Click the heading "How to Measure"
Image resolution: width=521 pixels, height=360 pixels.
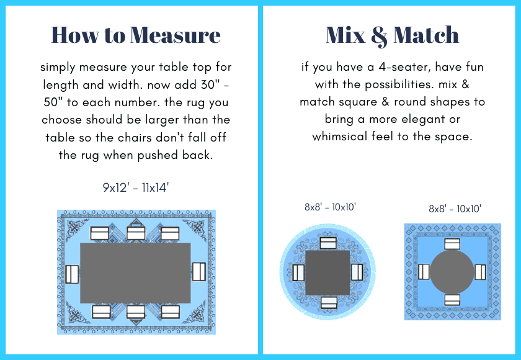[x=136, y=35]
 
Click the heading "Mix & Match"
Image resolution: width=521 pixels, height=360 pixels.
[x=392, y=35]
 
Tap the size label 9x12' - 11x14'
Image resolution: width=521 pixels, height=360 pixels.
[x=136, y=188]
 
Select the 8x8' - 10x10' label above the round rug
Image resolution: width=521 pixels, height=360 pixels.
[x=330, y=207]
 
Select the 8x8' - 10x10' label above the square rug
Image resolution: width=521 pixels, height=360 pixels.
[x=455, y=209]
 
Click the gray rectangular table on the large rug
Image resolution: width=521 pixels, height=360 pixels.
[x=136, y=273]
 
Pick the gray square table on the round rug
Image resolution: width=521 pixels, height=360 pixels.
[x=327, y=272]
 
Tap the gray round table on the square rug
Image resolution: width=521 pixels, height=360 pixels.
[x=452, y=272]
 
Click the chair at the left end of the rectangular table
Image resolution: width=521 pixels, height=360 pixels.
[x=72, y=274]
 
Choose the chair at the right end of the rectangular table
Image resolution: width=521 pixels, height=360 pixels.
[x=199, y=272]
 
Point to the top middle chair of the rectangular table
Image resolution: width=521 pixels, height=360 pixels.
[x=136, y=233]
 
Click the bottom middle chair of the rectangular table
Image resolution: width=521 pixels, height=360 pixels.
[x=136, y=312]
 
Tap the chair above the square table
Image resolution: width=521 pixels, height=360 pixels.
[x=328, y=243]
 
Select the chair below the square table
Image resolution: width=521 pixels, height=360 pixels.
[x=329, y=302]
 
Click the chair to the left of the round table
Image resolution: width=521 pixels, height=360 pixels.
[x=424, y=272]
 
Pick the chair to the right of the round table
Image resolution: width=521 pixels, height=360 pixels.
[x=481, y=272]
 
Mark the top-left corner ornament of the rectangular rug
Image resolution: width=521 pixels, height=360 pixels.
[x=78, y=228]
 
